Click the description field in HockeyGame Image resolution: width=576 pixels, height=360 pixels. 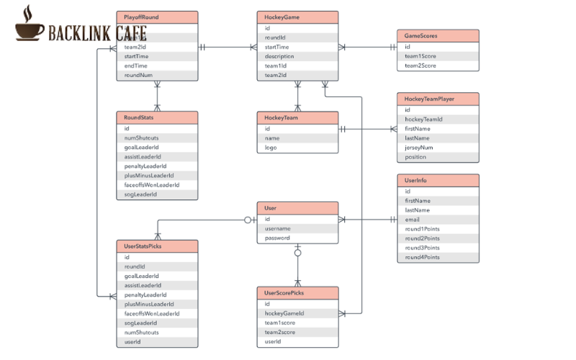(x=279, y=56)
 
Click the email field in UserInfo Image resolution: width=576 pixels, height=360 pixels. (x=413, y=220)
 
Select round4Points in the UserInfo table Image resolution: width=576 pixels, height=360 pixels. (x=422, y=257)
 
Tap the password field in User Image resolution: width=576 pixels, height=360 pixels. (x=278, y=238)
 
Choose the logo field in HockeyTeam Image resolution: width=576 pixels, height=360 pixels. (x=271, y=148)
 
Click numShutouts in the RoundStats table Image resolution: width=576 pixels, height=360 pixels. (x=142, y=138)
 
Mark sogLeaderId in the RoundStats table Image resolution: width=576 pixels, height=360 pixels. (x=141, y=194)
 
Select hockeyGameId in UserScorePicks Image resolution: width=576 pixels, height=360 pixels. (x=285, y=313)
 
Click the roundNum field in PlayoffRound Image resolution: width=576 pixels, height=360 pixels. (x=138, y=75)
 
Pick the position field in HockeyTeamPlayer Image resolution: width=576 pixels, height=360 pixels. (x=416, y=157)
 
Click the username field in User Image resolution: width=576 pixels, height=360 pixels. (x=278, y=228)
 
